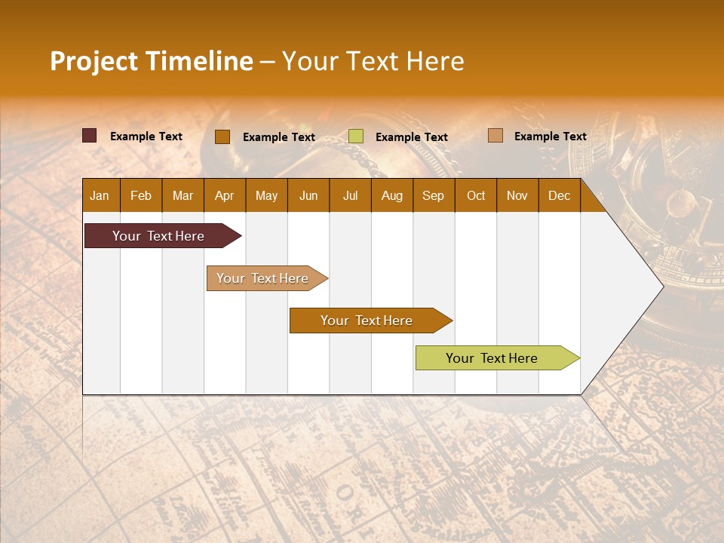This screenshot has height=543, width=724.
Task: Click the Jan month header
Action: pos(100,195)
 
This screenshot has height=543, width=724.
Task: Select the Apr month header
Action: pos(224,195)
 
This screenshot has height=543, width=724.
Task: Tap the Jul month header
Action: pos(350,195)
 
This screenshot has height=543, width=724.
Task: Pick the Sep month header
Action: pos(433,195)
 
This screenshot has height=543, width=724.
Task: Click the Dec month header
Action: pos(559,195)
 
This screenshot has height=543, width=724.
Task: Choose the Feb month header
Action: pos(141,195)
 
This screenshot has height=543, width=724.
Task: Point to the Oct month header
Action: pos(476,195)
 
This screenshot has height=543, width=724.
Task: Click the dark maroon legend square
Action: pos(90,136)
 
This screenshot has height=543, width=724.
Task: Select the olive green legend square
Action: pos(356,137)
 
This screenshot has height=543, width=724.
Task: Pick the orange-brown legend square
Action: pos(222,137)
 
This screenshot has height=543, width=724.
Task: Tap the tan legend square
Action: pos(495,136)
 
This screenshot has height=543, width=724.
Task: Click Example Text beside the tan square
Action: pos(550,137)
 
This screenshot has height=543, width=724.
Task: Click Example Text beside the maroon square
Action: pos(146,137)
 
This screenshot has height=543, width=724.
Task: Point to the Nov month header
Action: pos(517,195)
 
